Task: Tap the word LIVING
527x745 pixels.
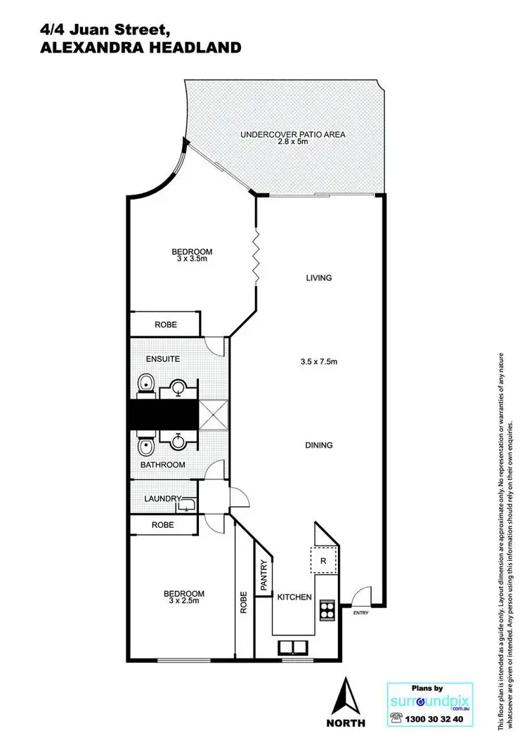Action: click(x=318, y=278)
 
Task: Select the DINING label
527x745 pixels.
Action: click(x=318, y=445)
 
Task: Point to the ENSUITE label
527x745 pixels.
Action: click(x=163, y=359)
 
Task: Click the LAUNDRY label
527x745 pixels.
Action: click(x=163, y=499)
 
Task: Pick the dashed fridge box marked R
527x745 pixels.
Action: click(x=323, y=560)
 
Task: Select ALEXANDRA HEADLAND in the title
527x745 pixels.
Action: click(x=131, y=48)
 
